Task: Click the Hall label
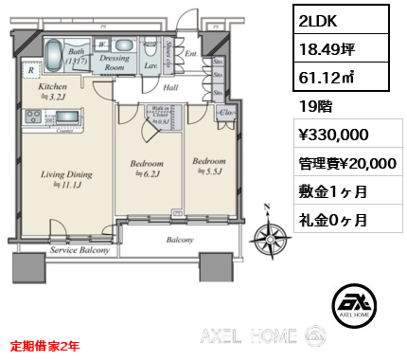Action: [x=170, y=87]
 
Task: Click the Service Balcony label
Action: [x=78, y=250]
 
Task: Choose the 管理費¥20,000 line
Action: [x=346, y=164]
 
